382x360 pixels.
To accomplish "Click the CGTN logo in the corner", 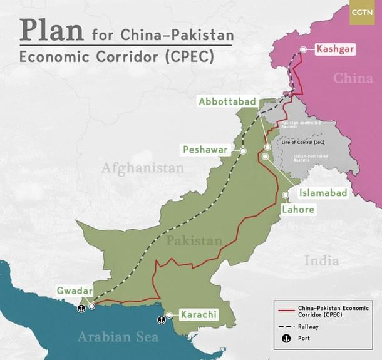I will [x=362, y=13].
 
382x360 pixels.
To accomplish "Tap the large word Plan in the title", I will [x=52, y=29].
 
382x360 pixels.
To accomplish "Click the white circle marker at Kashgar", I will [x=303, y=49].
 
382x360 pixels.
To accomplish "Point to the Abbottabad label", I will [x=226, y=101].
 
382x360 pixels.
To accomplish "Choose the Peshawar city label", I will [x=204, y=150].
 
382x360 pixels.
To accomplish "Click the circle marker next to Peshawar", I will [x=243, y=151].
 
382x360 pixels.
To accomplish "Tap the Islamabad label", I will [x=323, y=193].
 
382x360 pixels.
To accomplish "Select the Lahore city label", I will [x=297, y=209].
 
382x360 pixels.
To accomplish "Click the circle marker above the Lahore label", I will [x=286, y=195].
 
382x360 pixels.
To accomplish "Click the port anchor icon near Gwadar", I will [x=81, y=308].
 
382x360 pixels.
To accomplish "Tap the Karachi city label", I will [x=199, y=314].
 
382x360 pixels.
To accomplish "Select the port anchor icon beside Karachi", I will [x=162, y=319].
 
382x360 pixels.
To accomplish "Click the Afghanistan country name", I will [x=143, y=168].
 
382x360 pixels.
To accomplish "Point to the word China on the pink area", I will [x=353, y=78].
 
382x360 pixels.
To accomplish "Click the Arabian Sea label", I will [x=118, y=337].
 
